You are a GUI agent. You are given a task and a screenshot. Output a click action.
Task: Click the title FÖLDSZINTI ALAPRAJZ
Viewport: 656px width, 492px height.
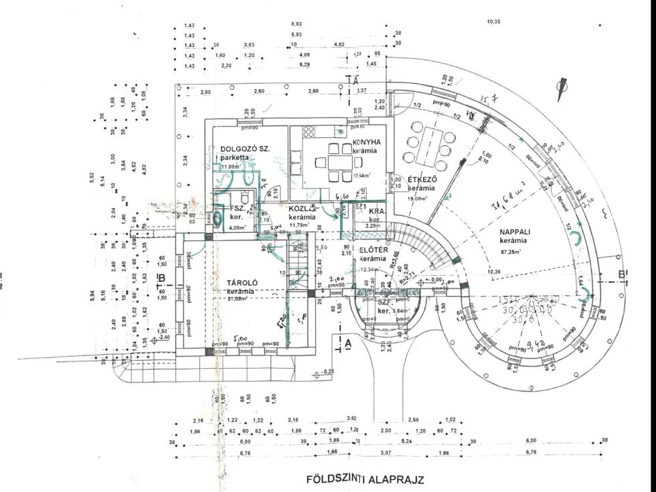(x=365, y=479)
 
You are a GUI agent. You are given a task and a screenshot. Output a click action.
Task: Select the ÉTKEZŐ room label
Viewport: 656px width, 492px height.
(x=422, y=180)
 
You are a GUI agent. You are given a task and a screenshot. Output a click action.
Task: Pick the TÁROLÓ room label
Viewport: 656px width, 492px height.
(x=240, y=282)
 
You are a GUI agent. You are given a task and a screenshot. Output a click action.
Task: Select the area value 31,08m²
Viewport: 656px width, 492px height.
(x=240, y=299)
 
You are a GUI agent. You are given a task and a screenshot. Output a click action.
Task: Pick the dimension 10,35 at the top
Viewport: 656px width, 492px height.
(x=494, y=22)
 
